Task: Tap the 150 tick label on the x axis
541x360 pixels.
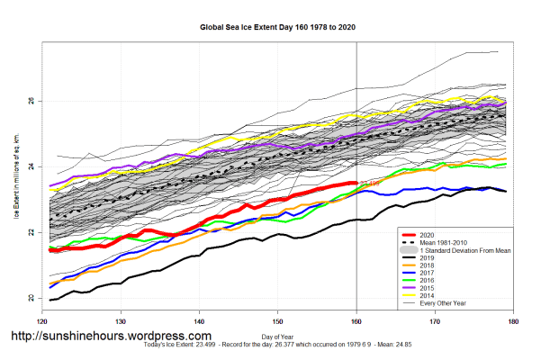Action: click(x=278, y=319)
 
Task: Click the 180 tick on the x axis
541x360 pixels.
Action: click(x=515, y=319)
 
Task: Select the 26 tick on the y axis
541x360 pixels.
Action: click(x=32, y=101)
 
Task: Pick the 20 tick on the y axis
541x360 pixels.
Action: click(x=32, y=298)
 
